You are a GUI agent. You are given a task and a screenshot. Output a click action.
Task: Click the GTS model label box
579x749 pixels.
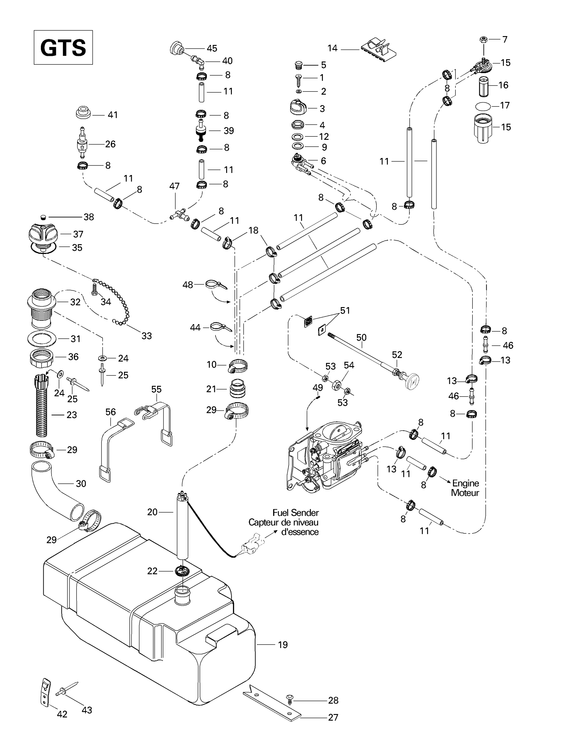pos(63,47)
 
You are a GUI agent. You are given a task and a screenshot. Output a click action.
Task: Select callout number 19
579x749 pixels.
pos(283,645)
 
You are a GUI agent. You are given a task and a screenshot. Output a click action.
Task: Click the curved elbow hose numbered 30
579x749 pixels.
pos(58,490)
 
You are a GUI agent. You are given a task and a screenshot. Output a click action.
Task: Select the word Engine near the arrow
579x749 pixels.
pos(466,483)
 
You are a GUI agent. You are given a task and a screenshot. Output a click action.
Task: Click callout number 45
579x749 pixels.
pos(212,48)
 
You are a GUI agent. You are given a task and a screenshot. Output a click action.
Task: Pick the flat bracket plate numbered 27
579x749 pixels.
pos(272,701)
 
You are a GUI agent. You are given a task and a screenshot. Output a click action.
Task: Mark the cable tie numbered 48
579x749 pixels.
pos(216,285)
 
